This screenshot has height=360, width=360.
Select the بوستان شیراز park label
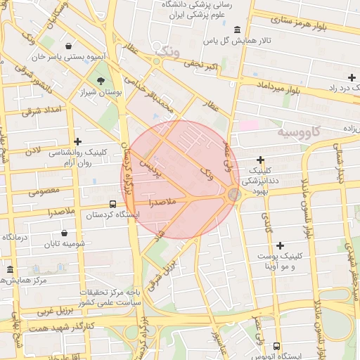pyautogui.click(x=101, y=92)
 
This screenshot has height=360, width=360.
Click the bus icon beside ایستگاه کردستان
pyautogui.click(x=94, y=204)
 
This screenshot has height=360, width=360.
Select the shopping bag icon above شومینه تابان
pyautogui.click(x=65, y=232)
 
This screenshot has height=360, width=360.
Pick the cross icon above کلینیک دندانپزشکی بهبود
pyautogui.click(x=260, y=160)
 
